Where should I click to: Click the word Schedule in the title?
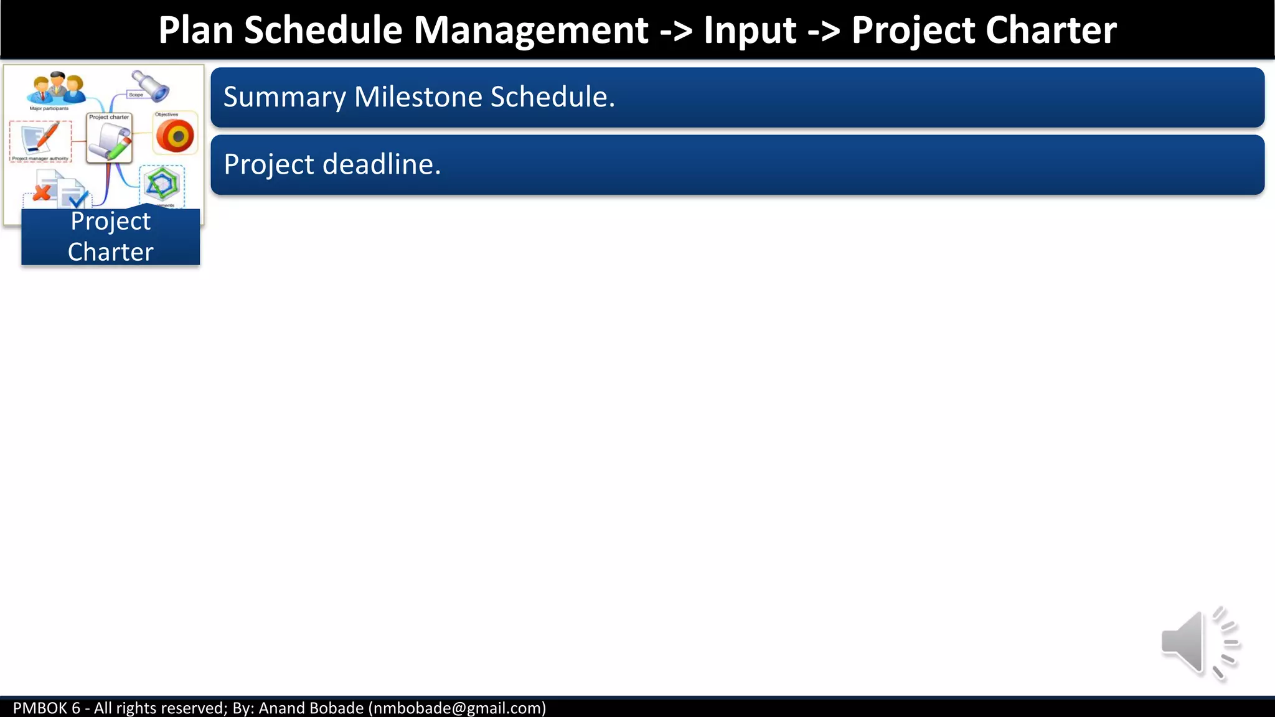point(323,30)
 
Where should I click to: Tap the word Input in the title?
point(750,30)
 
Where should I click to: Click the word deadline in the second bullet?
point(382,165)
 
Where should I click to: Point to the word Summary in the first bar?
point(285,98)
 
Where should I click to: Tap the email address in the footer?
point(457,708)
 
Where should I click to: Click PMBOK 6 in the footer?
point(47,708)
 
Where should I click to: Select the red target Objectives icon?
point(176,136)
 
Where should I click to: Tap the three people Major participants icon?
point(56,88)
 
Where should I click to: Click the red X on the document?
point(42,192)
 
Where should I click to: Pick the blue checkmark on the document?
point(77,199)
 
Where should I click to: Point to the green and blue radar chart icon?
point(161,184)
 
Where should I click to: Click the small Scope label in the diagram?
point(136,95)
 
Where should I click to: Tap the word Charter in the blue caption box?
point(110,252)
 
